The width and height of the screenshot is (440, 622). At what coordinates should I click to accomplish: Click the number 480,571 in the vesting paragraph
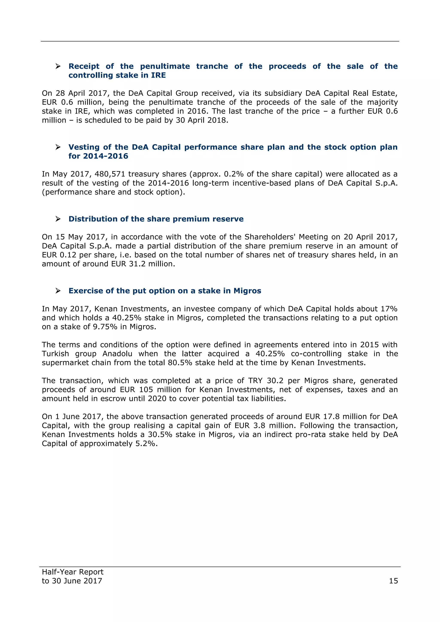pos(110,174)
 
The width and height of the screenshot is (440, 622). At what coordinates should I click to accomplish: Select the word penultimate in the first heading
pos(165,66)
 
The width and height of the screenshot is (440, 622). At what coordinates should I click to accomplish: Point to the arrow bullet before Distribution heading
pos(58,219)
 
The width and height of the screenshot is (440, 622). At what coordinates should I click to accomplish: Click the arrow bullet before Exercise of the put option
pos(58,291)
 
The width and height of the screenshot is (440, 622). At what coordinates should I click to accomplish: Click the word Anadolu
pos(117,354)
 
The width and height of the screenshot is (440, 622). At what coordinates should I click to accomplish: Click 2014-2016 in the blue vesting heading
pos(105,156)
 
